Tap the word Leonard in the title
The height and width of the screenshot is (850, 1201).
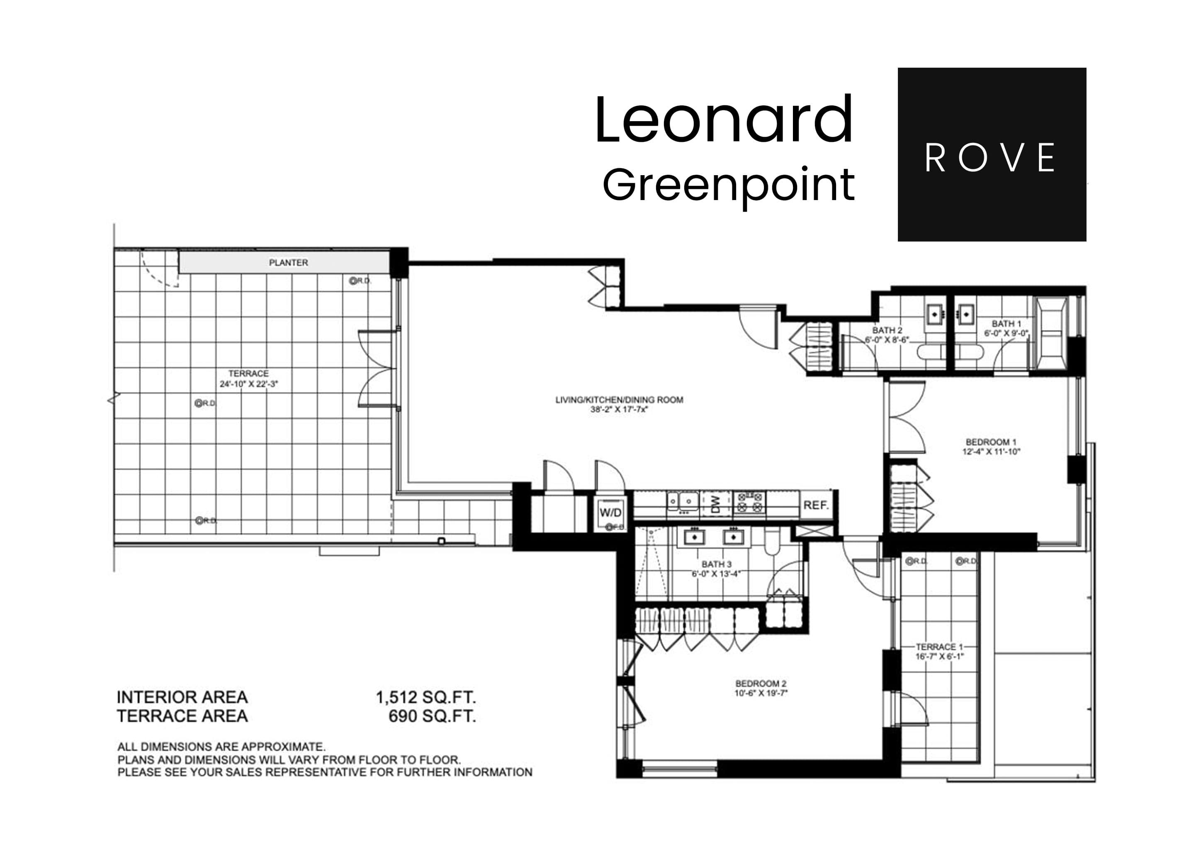[724, 120]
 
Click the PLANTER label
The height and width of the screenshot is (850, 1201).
[288, 263]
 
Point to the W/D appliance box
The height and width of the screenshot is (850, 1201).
[610, 513]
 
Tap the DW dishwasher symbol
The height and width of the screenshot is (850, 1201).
[716, 504]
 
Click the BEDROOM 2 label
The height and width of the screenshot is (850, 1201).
[761, 684]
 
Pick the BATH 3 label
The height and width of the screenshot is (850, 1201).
[716, 564]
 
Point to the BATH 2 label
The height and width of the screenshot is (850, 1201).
[887, 330]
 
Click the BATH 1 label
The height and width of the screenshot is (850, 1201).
[1006, 323]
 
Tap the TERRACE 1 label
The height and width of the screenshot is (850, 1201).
[939, 647]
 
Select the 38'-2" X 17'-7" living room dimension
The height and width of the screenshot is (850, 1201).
[619, 410]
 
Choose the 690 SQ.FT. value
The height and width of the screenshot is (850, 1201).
[432, 716]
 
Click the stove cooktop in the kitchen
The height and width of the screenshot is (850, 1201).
[749, 503]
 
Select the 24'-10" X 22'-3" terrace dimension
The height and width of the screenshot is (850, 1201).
[248, 383]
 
